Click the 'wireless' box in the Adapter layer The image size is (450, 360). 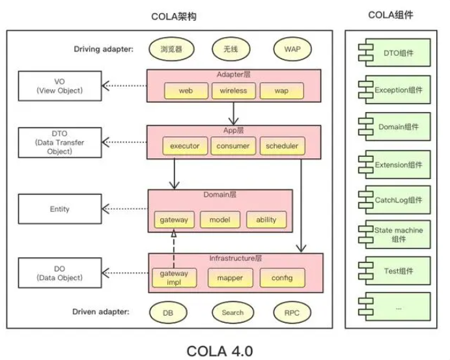[233, 90]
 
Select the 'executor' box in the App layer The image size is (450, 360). [185, 146]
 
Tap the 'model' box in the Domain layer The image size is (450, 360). [220, 220]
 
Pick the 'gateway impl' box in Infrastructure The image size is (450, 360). [174, 278]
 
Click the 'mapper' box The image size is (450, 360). [230, 278]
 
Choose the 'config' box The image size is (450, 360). [282, 278]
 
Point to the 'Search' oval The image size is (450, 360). [232, 312]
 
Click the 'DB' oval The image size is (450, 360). [168, 312]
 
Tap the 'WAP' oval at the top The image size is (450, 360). [292, 49]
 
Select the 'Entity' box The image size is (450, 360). [60, 209]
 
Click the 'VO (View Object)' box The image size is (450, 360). [60, 86]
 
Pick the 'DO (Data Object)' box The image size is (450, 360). [60, 273]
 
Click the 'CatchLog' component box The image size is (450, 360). [395, 200]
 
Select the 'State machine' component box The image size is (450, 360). [395, 234]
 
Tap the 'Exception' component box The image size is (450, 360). [395, 90]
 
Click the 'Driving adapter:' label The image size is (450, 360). [104, 49]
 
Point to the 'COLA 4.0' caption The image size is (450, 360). [219, 351]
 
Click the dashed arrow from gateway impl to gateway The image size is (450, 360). [174, 249]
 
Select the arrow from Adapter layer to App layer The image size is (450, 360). [234, 113]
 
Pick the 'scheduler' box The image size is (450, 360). [282, 146]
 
